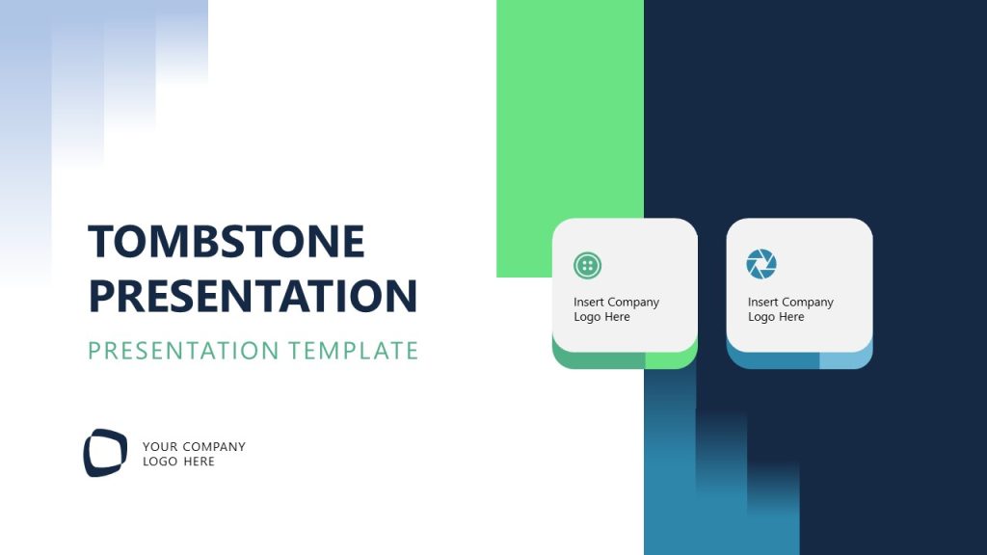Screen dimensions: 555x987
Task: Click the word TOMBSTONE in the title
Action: (x=227, y=241)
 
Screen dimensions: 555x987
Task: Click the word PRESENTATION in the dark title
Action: (x=253, y=296)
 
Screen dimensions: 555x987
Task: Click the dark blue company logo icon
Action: (x=105, y=453)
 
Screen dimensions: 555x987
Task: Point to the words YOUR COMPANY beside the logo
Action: (x=194, y=446)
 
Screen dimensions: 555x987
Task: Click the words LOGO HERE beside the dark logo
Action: (x=178, y=462)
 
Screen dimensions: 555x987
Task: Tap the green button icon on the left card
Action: (x=587, y=265)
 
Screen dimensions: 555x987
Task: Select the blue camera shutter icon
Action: (x=761, y=264)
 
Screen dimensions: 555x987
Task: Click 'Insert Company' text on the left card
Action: (x=616, y=302)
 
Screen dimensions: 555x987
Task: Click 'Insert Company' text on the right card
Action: (x=790, y=302)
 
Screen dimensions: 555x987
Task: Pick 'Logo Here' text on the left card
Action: (x=601, y=317)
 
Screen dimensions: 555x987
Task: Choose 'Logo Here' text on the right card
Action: (x=776, y=317)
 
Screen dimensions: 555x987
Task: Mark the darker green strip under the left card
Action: (x=598, y=360)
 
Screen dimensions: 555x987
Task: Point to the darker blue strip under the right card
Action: (x=771, y=360)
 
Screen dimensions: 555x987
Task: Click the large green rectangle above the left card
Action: (x=570, y=116)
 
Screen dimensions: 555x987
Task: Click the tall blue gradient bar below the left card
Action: (x=670, y=462)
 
